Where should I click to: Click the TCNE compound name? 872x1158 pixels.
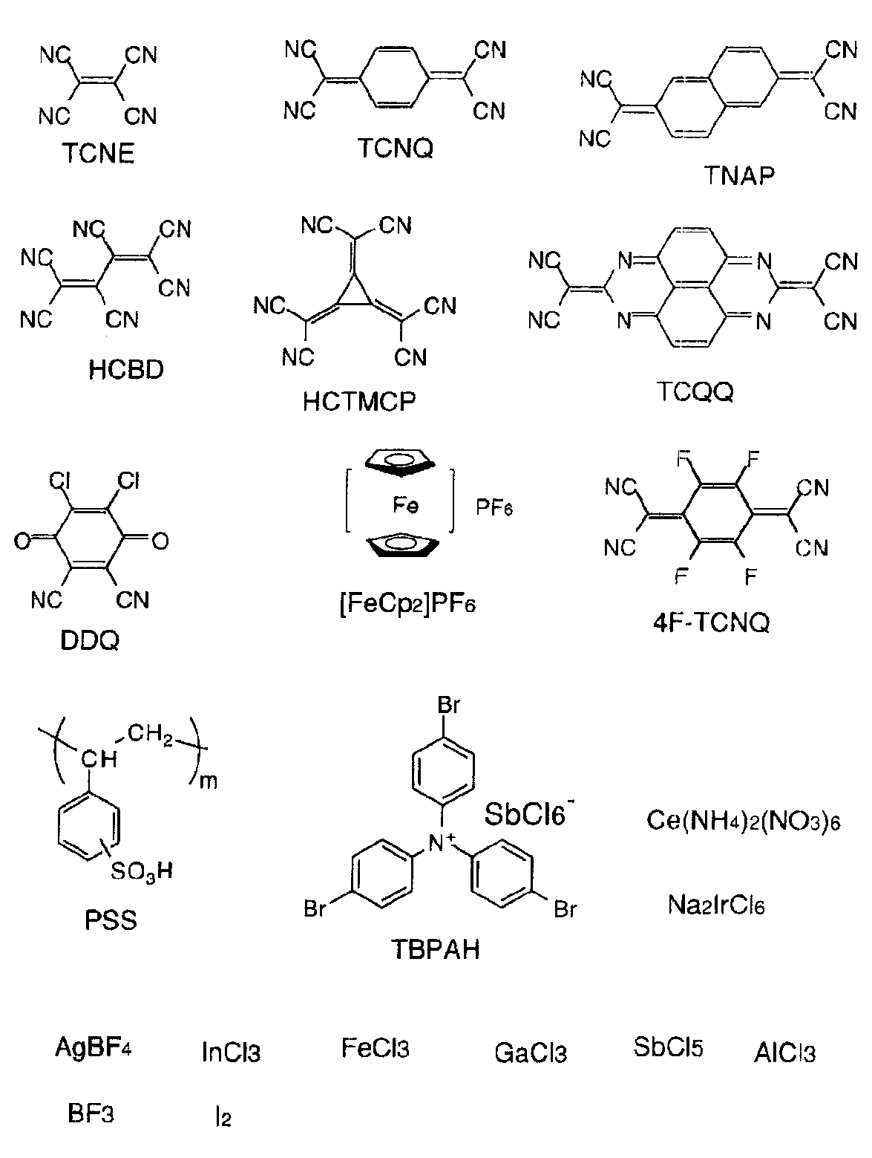click(x=99, y=153)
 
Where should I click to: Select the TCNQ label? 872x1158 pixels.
click(x=395, y=148)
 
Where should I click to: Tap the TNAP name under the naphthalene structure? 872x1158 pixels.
click(x=738, y=176)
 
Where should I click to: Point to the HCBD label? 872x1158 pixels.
click(x=126, y=370)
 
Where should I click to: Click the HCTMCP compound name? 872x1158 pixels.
click(x=359, y=402)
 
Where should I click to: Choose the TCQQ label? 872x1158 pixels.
click(x=695, y=392)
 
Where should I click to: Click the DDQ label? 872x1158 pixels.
click(x=90, y=640)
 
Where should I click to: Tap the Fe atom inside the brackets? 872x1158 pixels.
click(x=405, y=505)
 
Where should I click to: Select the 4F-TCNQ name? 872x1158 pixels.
click(x=711, y=622)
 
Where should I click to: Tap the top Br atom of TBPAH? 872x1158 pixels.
click(x=449, y=706)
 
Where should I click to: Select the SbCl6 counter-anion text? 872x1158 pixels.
click(x=528, y=814)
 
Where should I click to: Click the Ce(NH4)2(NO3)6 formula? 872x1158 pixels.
click(x=743, y=821)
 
